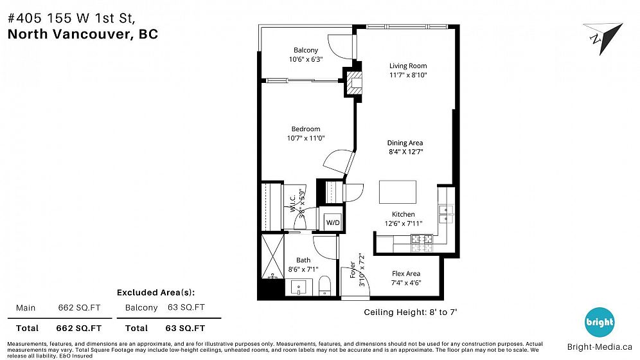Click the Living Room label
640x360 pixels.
pos(408,66)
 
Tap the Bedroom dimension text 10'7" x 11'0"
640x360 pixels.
pos(306,138)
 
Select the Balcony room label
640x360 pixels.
pos(306,50)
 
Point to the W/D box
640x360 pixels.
pos(333,222)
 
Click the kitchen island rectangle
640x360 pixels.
pos(398,192)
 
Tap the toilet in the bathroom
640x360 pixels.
pos(324,285)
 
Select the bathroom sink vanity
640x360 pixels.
pos(301,287)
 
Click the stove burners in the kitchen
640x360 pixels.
pos(422,243)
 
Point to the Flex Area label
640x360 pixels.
pos(405,273)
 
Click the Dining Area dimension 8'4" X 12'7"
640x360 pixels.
pos(405,152)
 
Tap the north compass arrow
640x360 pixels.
pos(603,37)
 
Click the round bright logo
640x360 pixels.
pos(600,322)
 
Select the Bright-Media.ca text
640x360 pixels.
pos(600,347)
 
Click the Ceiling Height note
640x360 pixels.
pos(410,312)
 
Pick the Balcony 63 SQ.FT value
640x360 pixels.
pos(186,307)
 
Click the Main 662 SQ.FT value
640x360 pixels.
pos(79,308)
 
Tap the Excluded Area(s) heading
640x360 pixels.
pos(156,292)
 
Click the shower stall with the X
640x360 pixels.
pos(272,256)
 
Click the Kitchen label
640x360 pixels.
pos(404,214)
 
